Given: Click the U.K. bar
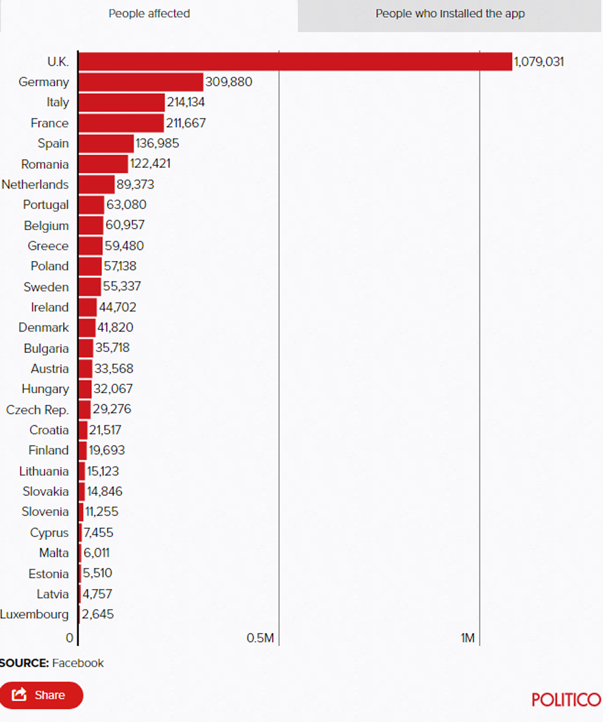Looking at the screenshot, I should coord(295,61).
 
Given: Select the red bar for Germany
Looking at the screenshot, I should coord(140,82).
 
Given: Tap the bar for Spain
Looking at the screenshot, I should coord(106,143).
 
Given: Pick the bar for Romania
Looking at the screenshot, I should coord(103,164).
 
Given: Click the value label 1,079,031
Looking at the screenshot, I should coord(539,62).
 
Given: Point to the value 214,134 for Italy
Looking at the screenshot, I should coord(186,103).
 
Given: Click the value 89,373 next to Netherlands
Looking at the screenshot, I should coord(135,184).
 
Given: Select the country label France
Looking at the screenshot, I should coord(49,123).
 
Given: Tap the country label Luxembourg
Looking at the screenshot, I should coord(34,614).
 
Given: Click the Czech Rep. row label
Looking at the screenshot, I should coord(37,410).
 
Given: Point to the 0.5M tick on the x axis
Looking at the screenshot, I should coord(260,638).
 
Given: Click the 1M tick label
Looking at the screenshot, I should coord(467,638).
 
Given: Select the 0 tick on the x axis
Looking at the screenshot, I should coord(70,638).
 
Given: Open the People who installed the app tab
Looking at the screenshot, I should coord(450,14).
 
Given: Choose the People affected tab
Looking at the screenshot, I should coord(149,14).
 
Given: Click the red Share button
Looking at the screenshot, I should coord(41,695).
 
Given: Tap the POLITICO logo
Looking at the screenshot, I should coord(566,699).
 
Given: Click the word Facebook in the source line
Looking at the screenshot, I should coord(78,663).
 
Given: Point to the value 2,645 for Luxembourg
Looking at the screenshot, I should coord(98,614).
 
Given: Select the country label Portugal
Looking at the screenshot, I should coord(46,205).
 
